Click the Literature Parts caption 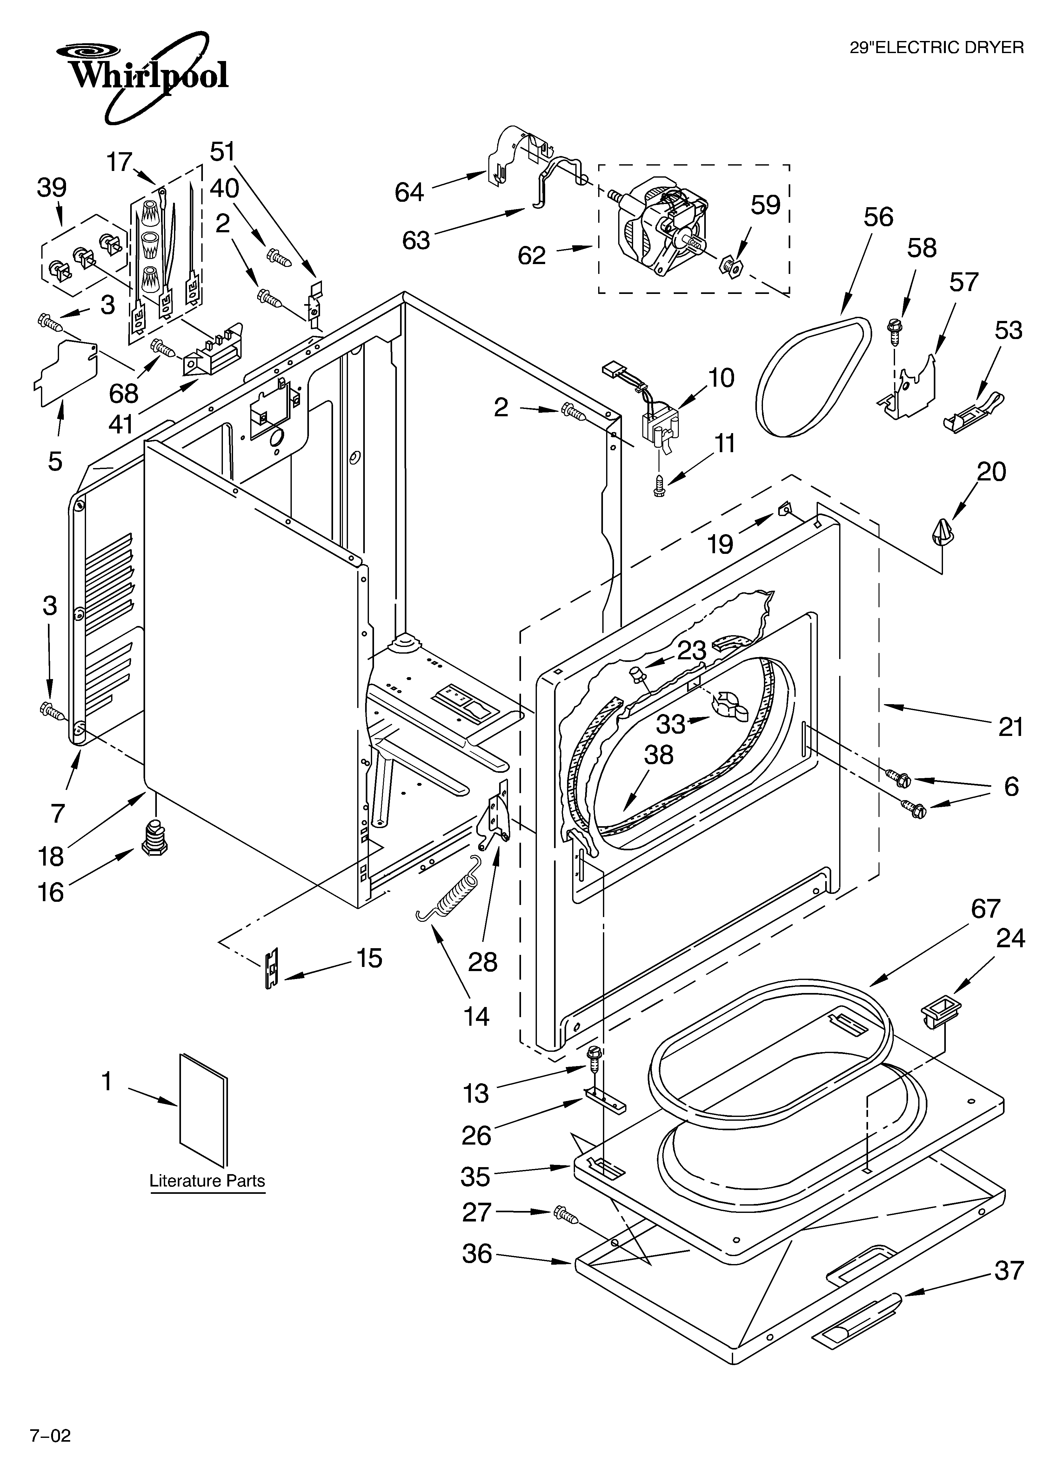[207, 1181]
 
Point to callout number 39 [52, 188]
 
